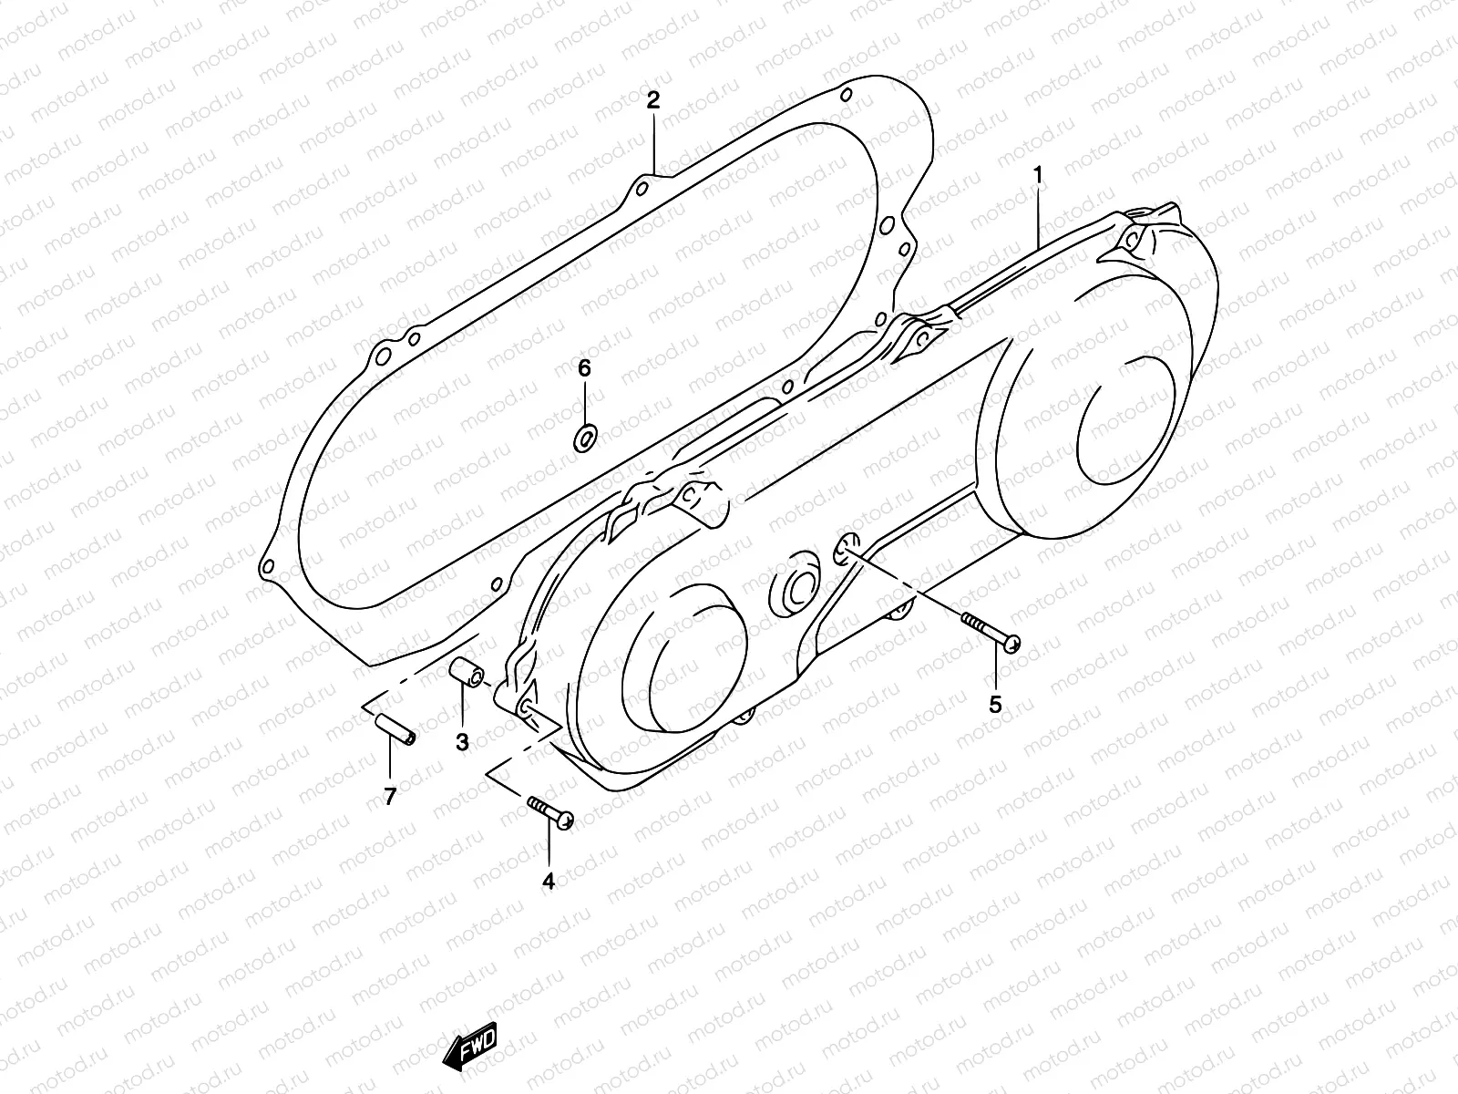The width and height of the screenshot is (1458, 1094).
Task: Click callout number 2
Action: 652,100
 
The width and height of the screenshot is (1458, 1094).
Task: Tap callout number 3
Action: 463,742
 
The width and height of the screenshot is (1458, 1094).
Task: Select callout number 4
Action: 549,882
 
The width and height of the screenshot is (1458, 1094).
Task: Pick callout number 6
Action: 585,368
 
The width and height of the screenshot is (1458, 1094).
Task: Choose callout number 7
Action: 390,797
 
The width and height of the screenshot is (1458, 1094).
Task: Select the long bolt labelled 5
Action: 991,631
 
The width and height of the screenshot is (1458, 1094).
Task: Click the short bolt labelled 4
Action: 549,811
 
